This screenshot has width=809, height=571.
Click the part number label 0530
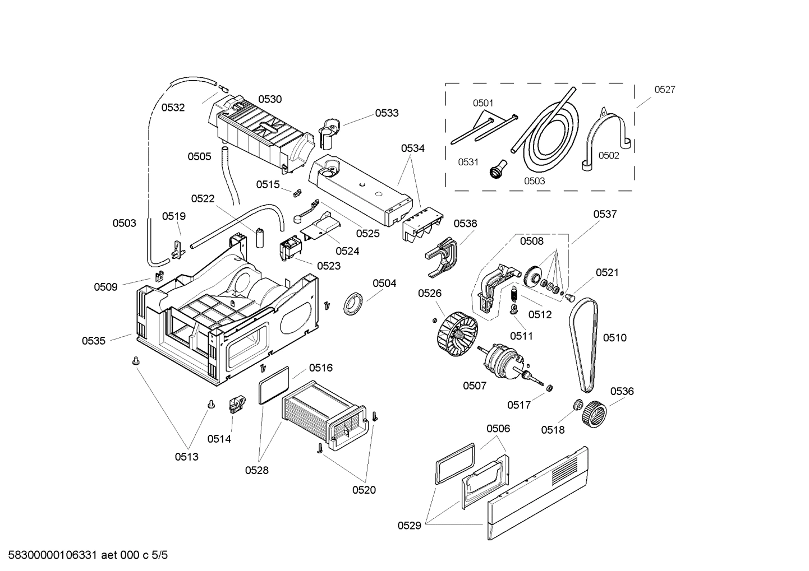270,99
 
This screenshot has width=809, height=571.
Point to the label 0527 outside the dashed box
665,89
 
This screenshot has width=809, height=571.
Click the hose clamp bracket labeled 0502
605,137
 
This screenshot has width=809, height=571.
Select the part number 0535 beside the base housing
94,341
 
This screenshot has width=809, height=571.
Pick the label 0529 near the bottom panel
410,526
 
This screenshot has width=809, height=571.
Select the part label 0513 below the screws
186,457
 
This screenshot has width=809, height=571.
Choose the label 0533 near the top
387,113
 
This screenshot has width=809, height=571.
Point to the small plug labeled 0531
498,169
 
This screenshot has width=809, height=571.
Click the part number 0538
465,224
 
